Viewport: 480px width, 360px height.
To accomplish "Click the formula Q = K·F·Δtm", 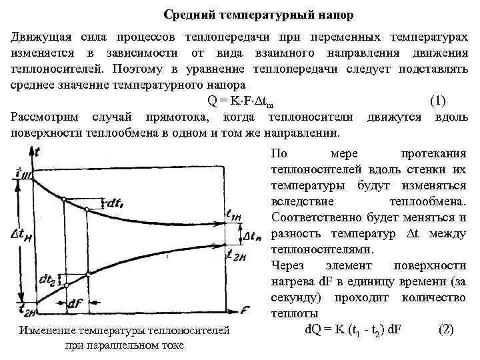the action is point(239,101).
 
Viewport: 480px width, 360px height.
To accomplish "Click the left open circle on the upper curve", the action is point(63,199).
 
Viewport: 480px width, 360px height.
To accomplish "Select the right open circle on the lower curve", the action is point(87,273).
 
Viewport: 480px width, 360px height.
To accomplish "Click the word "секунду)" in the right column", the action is point(295,297).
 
